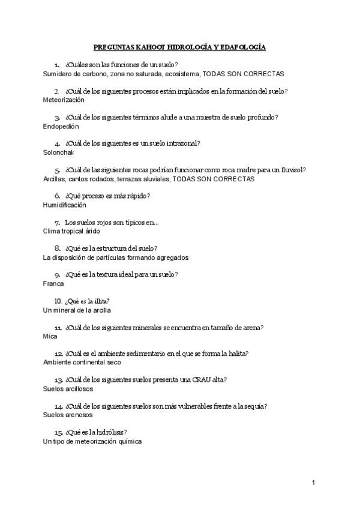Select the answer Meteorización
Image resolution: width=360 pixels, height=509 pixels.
tap(64, 100)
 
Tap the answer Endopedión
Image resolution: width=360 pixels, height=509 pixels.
tap(61, 127)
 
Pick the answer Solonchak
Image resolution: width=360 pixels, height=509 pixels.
tap(59, 152)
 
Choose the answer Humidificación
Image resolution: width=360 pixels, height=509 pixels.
tap(65, 205)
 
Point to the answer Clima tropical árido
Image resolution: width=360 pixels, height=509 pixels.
tap(72, 230)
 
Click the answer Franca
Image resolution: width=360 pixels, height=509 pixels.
tap(53, 283)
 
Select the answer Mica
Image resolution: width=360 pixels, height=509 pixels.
tap(50, 336)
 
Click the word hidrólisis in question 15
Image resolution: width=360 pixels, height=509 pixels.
tap(111, 432)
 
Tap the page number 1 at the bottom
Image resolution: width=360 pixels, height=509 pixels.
tap(314, 482)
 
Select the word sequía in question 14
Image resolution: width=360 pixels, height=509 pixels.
tap(254, 406)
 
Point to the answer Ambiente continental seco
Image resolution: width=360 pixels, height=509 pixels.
tap(82, 362)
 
